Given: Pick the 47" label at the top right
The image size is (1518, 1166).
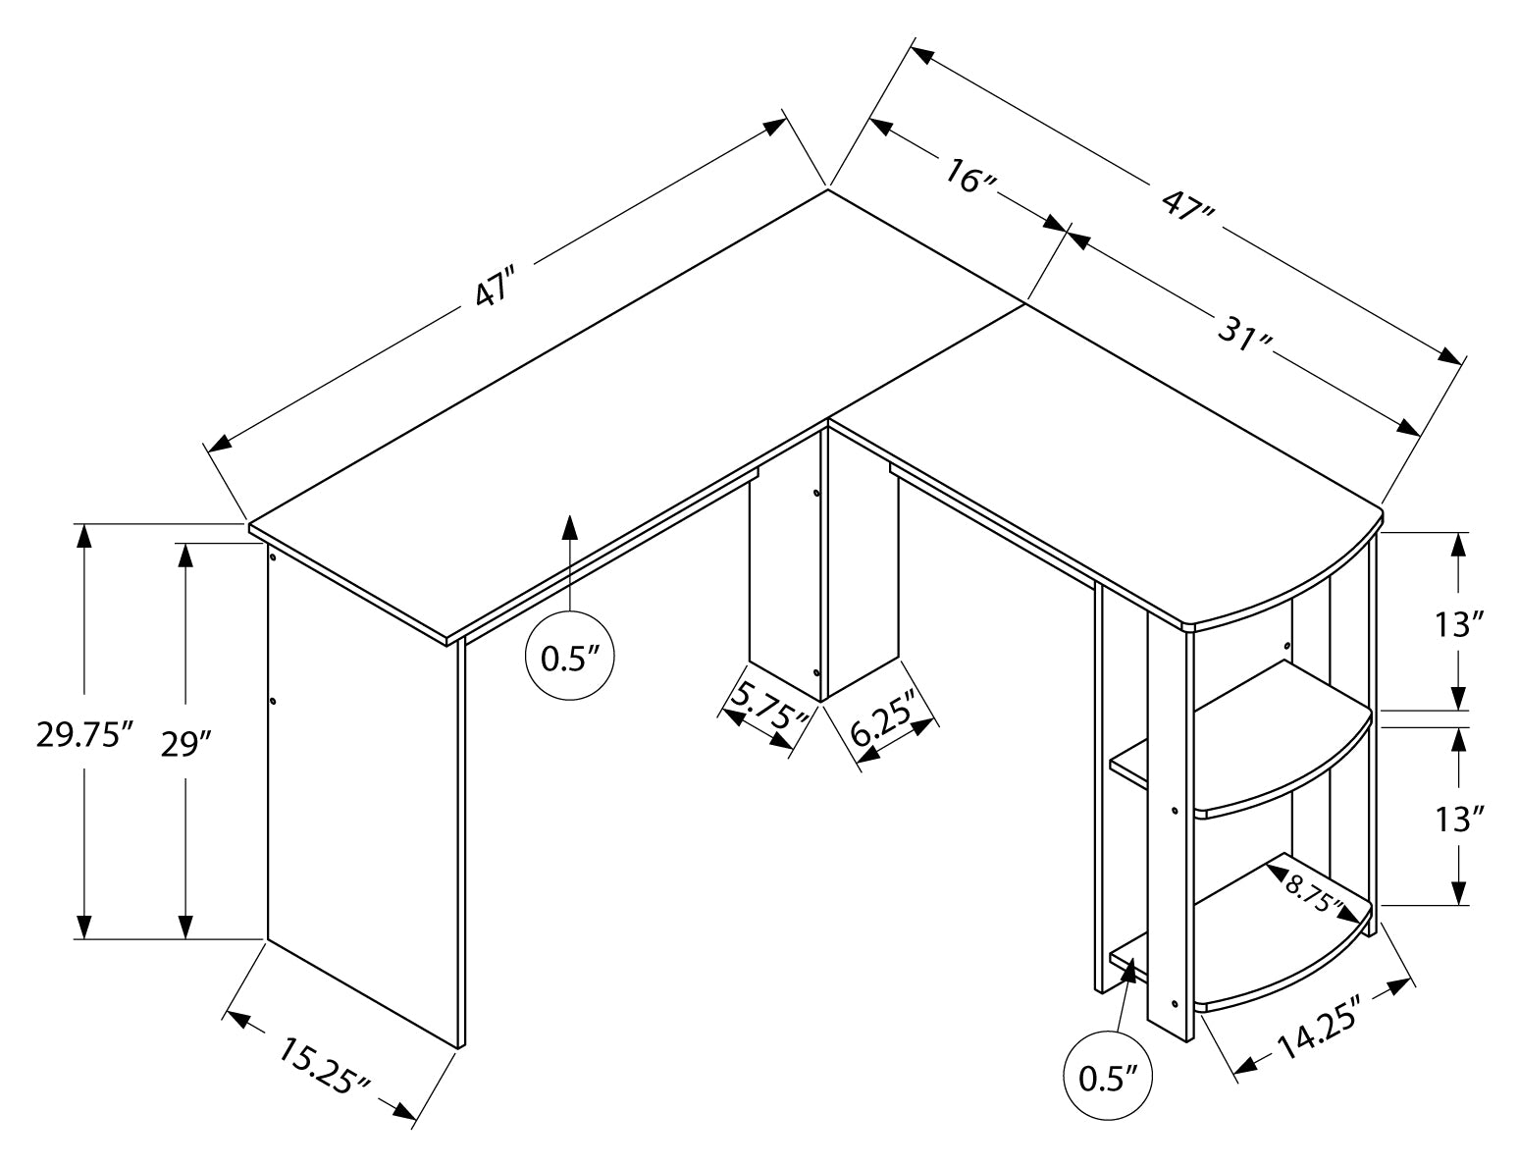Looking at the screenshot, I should click(1186, 209).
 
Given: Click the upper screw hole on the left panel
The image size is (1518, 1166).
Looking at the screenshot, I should click(272, 556).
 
